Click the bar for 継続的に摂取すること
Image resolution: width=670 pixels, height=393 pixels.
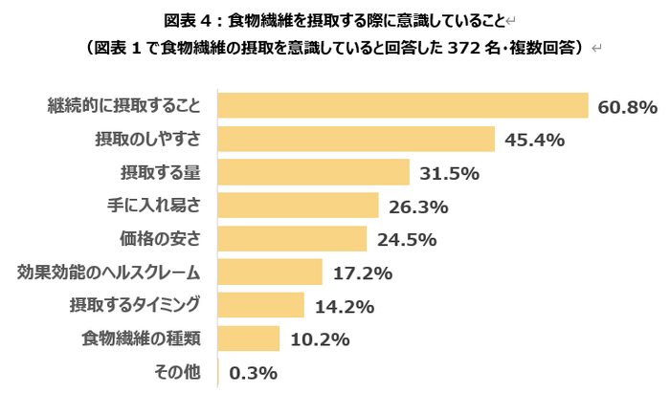[x=402, y=105]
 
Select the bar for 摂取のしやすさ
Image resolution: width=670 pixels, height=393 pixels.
[x=356, y=139]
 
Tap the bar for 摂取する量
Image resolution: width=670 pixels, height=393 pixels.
[x=314, y=172]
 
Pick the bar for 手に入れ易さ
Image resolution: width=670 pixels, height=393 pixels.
[x=299, y=206]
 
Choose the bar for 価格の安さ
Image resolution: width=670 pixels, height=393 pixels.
[x=293, y=238]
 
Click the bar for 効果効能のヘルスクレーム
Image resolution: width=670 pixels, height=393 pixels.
[x=270, y=273]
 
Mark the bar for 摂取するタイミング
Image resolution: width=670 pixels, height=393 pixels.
[x=260, y=306]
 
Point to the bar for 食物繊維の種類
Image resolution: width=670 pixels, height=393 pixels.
[x=249, y=338]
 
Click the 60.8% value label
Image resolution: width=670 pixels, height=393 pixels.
[x=627, y=106]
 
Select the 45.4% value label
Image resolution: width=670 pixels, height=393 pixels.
[x=534, y=140]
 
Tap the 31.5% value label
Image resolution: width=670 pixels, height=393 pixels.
[x=449, y=173]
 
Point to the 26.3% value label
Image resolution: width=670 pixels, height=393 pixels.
[x=417, y=207]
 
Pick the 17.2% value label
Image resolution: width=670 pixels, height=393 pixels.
[x=362, y=273]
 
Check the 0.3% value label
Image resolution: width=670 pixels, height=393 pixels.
[x=254, y=372]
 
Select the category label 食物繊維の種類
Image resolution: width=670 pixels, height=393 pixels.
[x=141, y=338]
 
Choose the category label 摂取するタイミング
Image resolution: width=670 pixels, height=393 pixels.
[x=135, y=306]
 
